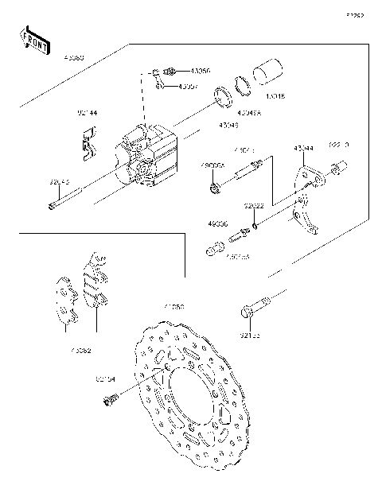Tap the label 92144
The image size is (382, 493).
point(87,114)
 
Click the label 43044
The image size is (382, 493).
point(302,148)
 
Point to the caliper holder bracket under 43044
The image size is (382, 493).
point(305,199)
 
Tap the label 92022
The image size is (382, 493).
point(254,206)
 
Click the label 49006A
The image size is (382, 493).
point(212,165)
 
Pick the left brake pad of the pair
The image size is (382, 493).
point(64,301)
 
